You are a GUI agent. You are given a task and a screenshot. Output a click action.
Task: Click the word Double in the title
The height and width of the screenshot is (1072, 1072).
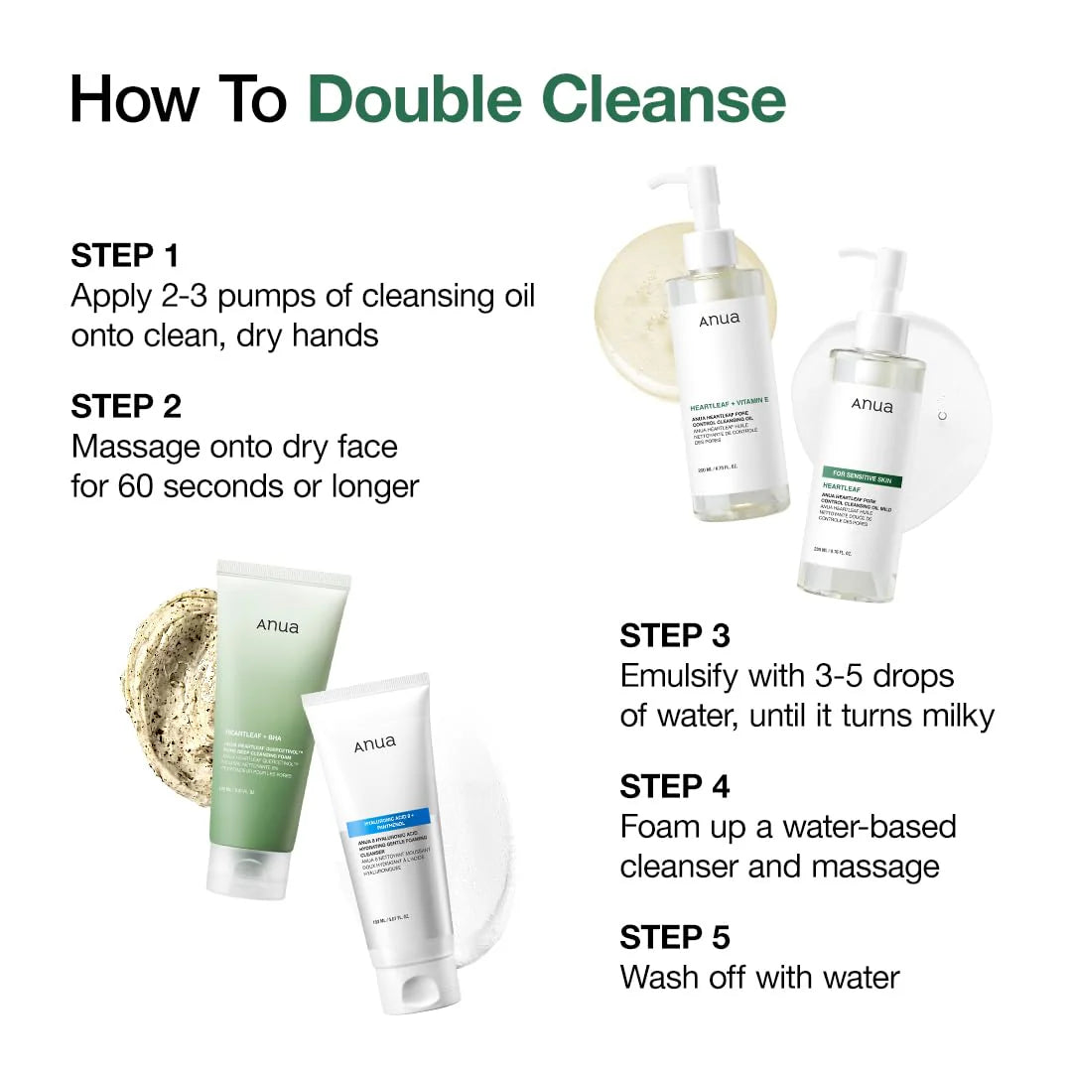(x=416, y=99)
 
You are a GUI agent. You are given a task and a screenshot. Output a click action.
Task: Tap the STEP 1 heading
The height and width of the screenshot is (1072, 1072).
(x=125, y=255)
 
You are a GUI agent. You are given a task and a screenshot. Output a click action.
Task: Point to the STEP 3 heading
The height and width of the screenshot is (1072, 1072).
(x=675, y=635)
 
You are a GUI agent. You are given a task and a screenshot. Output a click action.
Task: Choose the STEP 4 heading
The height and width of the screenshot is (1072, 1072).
(x=675, y=786)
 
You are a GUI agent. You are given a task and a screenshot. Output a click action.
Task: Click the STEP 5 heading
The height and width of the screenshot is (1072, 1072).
(x=675, y=937)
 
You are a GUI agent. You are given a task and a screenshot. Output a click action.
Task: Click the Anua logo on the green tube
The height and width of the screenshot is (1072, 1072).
(x=277, y=625)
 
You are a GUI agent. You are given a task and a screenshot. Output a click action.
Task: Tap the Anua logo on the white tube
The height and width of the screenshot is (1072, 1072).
(x=374, y=743)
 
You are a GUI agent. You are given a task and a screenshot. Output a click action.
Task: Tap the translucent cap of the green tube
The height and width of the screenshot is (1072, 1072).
(x=236, y=873)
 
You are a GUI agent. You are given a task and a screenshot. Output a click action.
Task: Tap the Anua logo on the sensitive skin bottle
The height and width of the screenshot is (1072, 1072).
(x=871, y=405)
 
